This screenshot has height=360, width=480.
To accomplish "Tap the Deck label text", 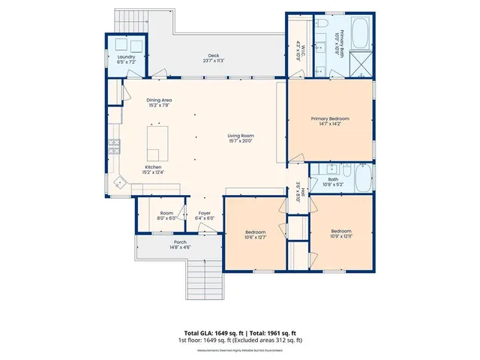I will pos(213,58).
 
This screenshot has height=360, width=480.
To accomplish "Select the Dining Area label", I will pos(158,102).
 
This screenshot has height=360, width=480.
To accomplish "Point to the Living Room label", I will pos(241,137).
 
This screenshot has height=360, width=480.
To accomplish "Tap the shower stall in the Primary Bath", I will pos(361,64).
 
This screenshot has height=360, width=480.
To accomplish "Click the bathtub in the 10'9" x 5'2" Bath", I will pos(362,178).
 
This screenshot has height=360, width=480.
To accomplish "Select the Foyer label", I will pos(205,216).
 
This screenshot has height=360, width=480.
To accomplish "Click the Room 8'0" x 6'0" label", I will pos(166,216).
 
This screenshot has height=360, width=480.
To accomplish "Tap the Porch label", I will pos(180,244).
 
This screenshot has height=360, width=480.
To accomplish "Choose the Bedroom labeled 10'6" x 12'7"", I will pos(255,235).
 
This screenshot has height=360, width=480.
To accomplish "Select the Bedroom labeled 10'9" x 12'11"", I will pos(341,233).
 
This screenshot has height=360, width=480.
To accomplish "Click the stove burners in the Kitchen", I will pos(114,146).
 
